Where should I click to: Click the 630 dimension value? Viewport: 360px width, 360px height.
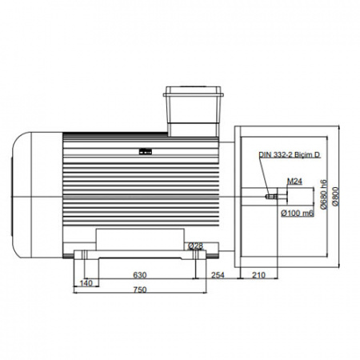[x=140, y=274]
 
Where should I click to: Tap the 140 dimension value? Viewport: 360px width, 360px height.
[x=86, y=282]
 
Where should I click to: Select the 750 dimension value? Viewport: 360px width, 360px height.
[x=140, y=290]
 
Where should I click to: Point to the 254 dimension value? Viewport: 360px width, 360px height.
[x=218, y=275]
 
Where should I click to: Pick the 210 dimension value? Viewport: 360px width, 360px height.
[x=258, y=275]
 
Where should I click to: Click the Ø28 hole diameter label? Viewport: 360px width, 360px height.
[x=195, y=246]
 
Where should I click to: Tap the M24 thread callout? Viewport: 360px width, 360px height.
[x=294, y=182]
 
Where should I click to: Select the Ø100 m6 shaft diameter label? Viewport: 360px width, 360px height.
[x=298, y=213]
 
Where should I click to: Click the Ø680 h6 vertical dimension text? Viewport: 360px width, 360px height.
[x=323, y=194]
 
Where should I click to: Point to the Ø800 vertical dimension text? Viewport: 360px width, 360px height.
[x=335, y=196]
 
